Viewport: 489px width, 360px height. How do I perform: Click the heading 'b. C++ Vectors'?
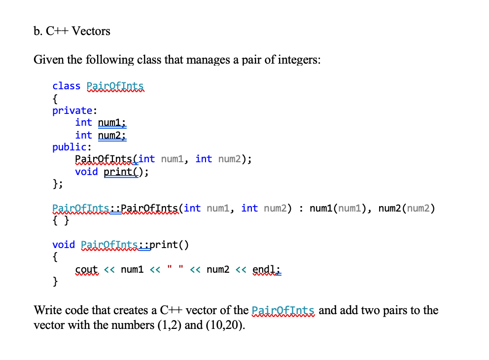(x=72, y=31)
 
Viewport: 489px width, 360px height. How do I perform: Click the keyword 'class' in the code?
(x=66, y=86)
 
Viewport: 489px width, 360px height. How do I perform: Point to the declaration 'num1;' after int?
(x=112, y=122)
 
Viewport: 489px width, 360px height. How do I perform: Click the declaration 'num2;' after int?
(x=112, y=135)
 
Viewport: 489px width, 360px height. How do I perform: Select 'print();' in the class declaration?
(x=126, y=172)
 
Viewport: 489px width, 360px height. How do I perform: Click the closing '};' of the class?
(x=58, y=184)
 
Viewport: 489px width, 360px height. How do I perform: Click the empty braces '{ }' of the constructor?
(x=60, y=220)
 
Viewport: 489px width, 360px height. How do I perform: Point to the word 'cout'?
(x=87, y=269)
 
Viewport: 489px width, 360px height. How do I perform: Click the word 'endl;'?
(x=267, y=269)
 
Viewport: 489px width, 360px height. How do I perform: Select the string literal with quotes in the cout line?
(x=175, y=269)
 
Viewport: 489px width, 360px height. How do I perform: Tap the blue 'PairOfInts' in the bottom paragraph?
(x=283, y=311)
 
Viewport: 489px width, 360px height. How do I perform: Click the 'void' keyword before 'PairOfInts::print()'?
(x=64, y=245)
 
